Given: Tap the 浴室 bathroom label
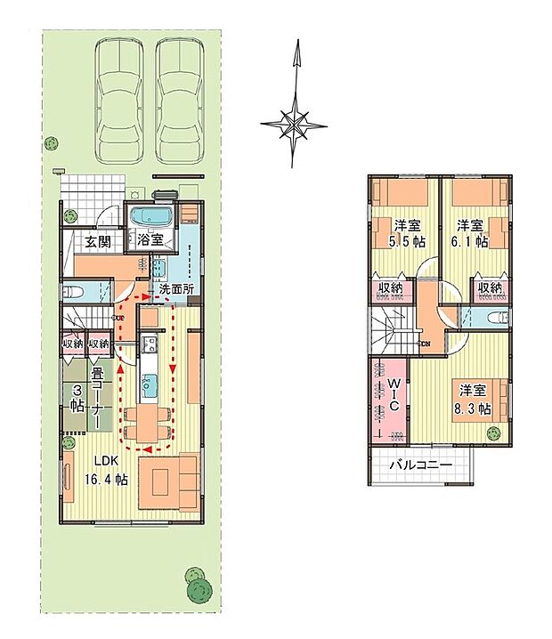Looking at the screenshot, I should [149, 239].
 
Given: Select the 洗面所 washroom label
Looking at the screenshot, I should [177, 289].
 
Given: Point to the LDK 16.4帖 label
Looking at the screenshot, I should [106, 471].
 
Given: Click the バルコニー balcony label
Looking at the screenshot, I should [418, 465].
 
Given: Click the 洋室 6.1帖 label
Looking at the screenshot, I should [469, 233].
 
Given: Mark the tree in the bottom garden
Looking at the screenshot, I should [197, 583].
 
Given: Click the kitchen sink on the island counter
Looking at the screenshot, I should [150, 384].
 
